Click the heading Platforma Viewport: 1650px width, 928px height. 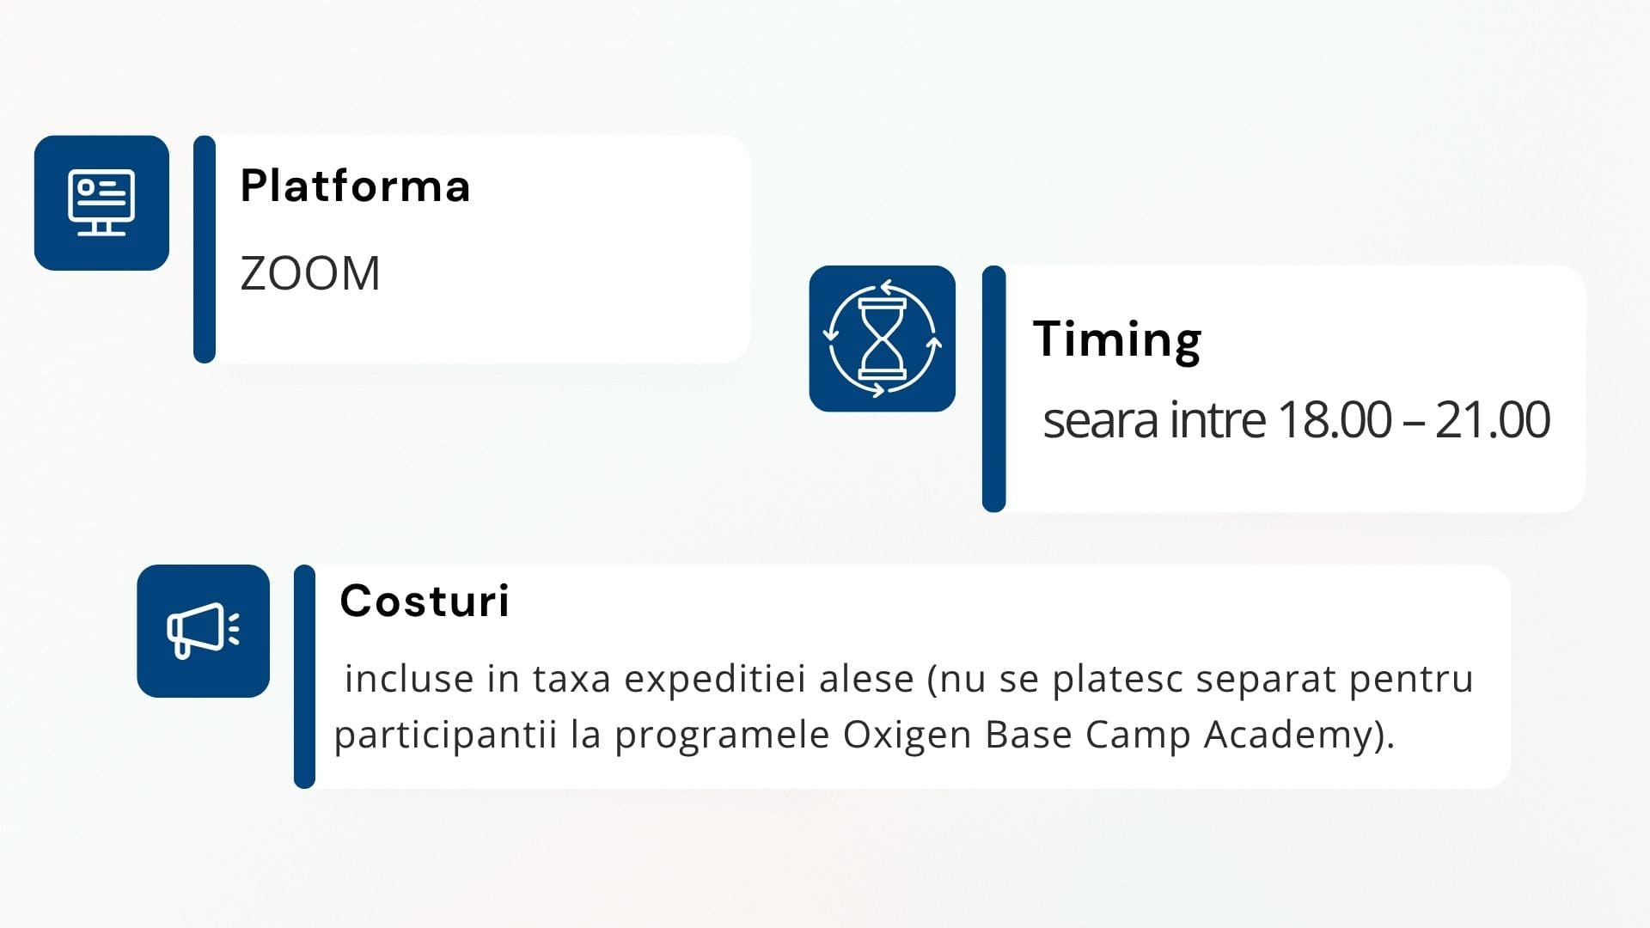355,186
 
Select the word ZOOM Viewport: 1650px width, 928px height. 310,274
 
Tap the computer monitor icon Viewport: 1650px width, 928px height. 101,203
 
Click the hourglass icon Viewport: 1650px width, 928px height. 883,339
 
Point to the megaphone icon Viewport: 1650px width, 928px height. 203,631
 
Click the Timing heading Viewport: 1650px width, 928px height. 1117,340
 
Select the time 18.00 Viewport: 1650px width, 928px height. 1334,420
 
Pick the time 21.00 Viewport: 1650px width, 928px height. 1492,420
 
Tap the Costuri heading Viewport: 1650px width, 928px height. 425,601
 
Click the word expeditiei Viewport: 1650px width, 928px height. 715,680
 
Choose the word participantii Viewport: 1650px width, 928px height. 445,736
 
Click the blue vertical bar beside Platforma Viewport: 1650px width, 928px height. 205,249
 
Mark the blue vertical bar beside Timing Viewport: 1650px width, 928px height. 993,388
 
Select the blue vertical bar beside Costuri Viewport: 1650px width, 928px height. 304,676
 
